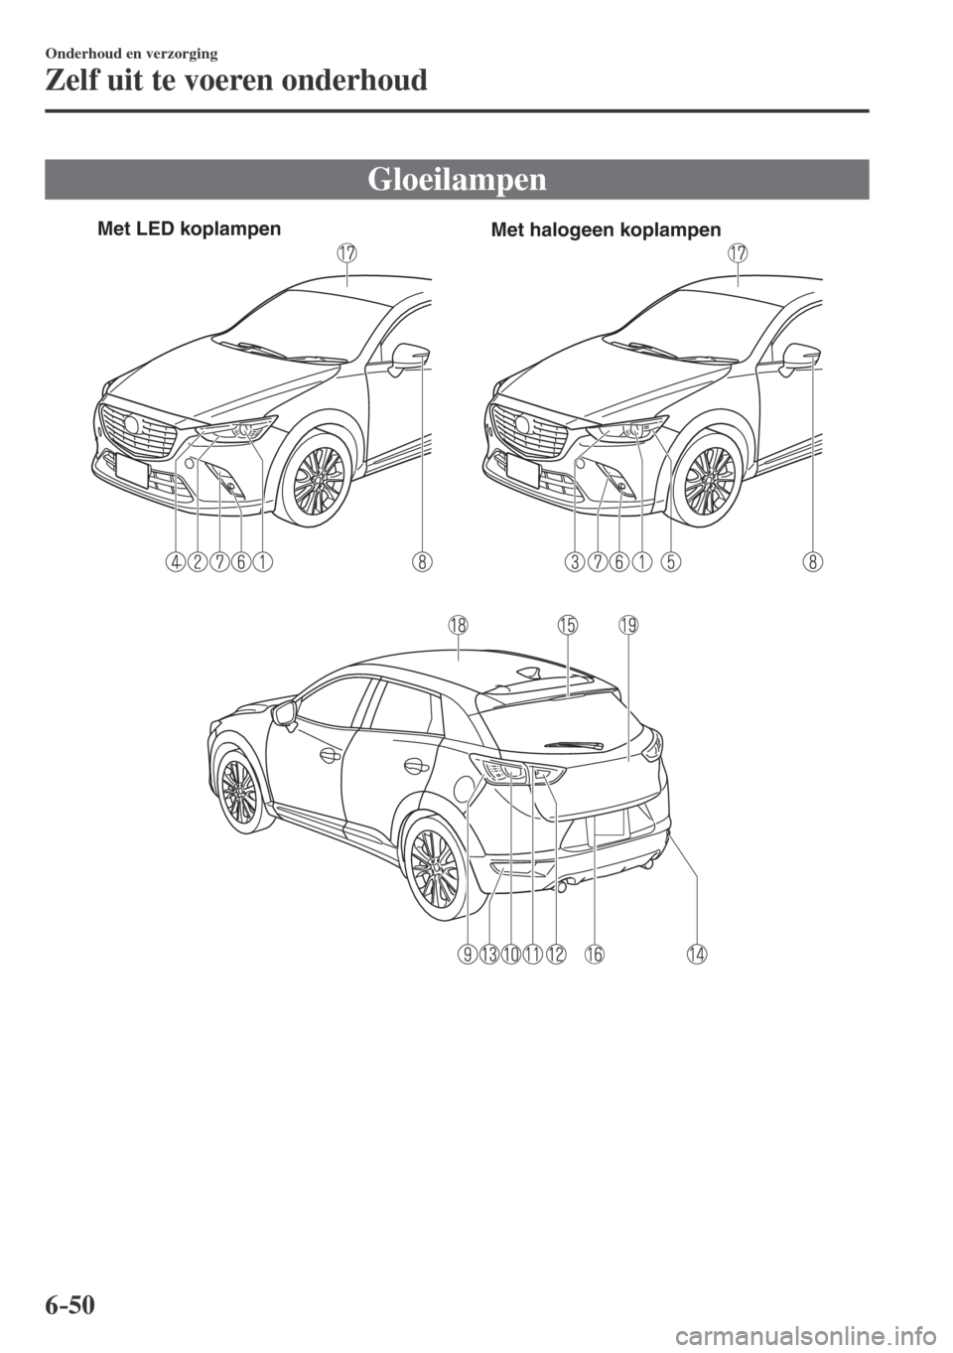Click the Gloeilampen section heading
(457, 180)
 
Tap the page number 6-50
(70, 1320)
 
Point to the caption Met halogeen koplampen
(606, 229)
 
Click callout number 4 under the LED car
(176, 563)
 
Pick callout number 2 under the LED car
(197, 563)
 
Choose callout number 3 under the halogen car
(574, 563)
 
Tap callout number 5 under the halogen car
(670, 563)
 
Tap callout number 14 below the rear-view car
(696, 955)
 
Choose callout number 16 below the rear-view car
(594, 955)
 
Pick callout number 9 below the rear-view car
(467, 955)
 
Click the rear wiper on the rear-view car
(575, 744)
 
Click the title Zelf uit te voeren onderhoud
(236, 80)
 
